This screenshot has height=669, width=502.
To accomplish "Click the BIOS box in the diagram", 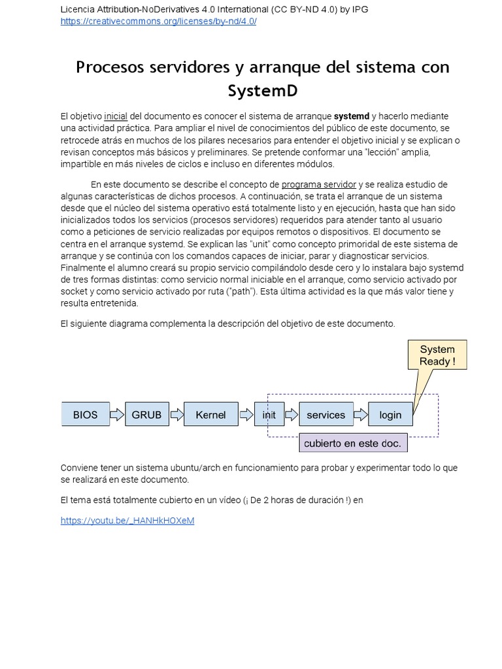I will [x=86, y=415].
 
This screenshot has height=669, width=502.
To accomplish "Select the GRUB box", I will [x=147, y=415].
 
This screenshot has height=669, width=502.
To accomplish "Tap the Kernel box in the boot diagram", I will [x=210, y=415].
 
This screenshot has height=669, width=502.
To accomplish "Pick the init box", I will [x=269, y=415].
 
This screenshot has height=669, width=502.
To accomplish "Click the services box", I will [x=326, y=415].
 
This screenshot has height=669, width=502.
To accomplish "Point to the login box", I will [x=390, y=415].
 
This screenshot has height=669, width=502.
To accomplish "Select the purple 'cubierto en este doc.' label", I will [x=352, y=444].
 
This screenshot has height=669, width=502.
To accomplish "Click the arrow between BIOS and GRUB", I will [x=117, y=415].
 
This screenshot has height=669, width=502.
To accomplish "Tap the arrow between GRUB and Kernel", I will [x=176, y=415].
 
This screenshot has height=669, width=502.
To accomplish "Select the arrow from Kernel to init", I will [x=246, y=415].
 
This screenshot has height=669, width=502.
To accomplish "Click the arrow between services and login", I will [x=361, y=415].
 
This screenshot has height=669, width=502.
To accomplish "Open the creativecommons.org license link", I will [x=158, y=21].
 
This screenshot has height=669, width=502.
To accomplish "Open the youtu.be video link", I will [x=127, y=521].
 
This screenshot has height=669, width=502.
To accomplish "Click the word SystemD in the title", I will [x=262, y=90].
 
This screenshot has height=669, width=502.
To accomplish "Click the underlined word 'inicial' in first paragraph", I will [x=116, y=116].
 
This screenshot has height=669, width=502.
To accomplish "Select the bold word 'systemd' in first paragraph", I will [x=352, y=116].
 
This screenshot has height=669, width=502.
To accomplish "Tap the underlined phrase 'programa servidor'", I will [x=319, y=184].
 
